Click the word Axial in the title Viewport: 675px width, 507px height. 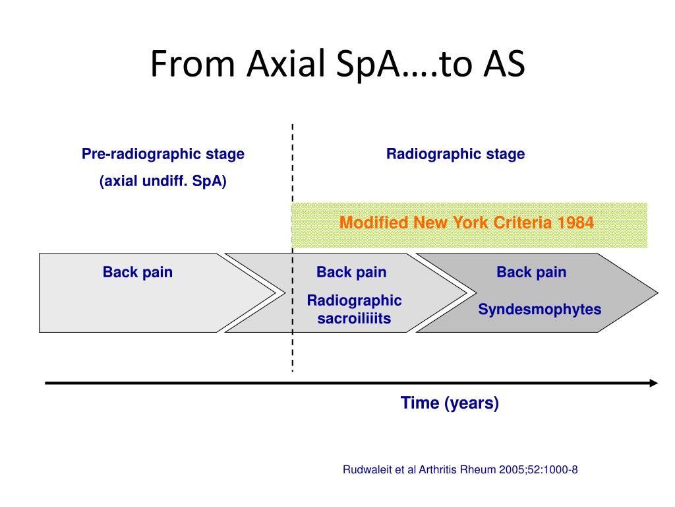point(285,63)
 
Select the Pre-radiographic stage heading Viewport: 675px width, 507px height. point(163,154)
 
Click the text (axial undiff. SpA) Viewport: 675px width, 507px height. point(163,181)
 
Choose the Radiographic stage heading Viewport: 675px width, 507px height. point(455,154)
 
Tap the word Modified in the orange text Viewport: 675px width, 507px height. point(374,222)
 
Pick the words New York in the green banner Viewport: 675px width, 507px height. point(451,222)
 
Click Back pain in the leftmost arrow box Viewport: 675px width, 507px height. point(138,272)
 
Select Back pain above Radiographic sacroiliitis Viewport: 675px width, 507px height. point(351,272)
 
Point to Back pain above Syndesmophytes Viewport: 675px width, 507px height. point(531,272)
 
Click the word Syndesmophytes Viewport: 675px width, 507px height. point(540,309)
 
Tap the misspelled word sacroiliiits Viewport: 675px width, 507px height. point(354,318)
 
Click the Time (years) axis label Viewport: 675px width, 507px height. point(450,403)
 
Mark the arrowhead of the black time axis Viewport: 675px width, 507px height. point(653,383)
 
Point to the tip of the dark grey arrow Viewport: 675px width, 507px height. point(657,293)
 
